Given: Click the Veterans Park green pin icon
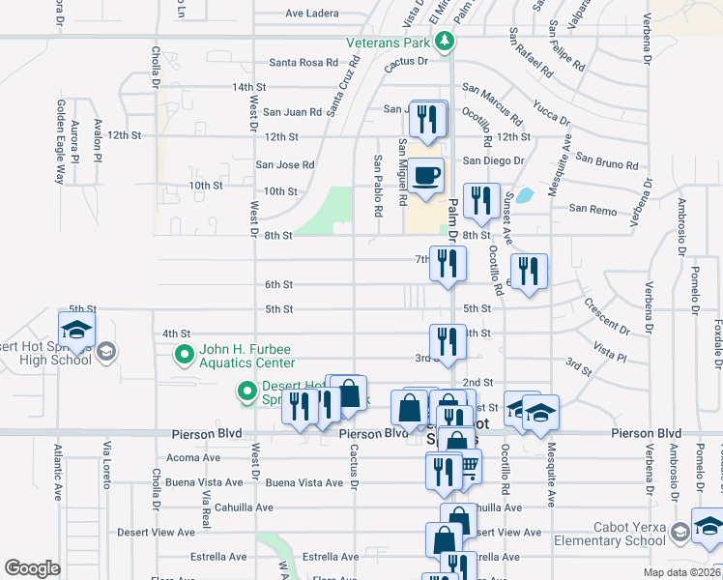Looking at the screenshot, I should [x=445, y=42].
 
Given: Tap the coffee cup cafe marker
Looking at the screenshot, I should [x=426, y=176].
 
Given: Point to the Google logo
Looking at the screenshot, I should [x=32, y=567].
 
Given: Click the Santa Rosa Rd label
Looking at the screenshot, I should [x=304, y=63].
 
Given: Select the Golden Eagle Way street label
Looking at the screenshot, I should [x=60, y=141].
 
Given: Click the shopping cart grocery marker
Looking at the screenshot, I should [x=467, y=466].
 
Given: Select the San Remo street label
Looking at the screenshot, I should [x=593, y=208].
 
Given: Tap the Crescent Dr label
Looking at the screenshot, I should [x=606, y=316].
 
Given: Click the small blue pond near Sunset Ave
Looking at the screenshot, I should [x=524, y=194].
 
